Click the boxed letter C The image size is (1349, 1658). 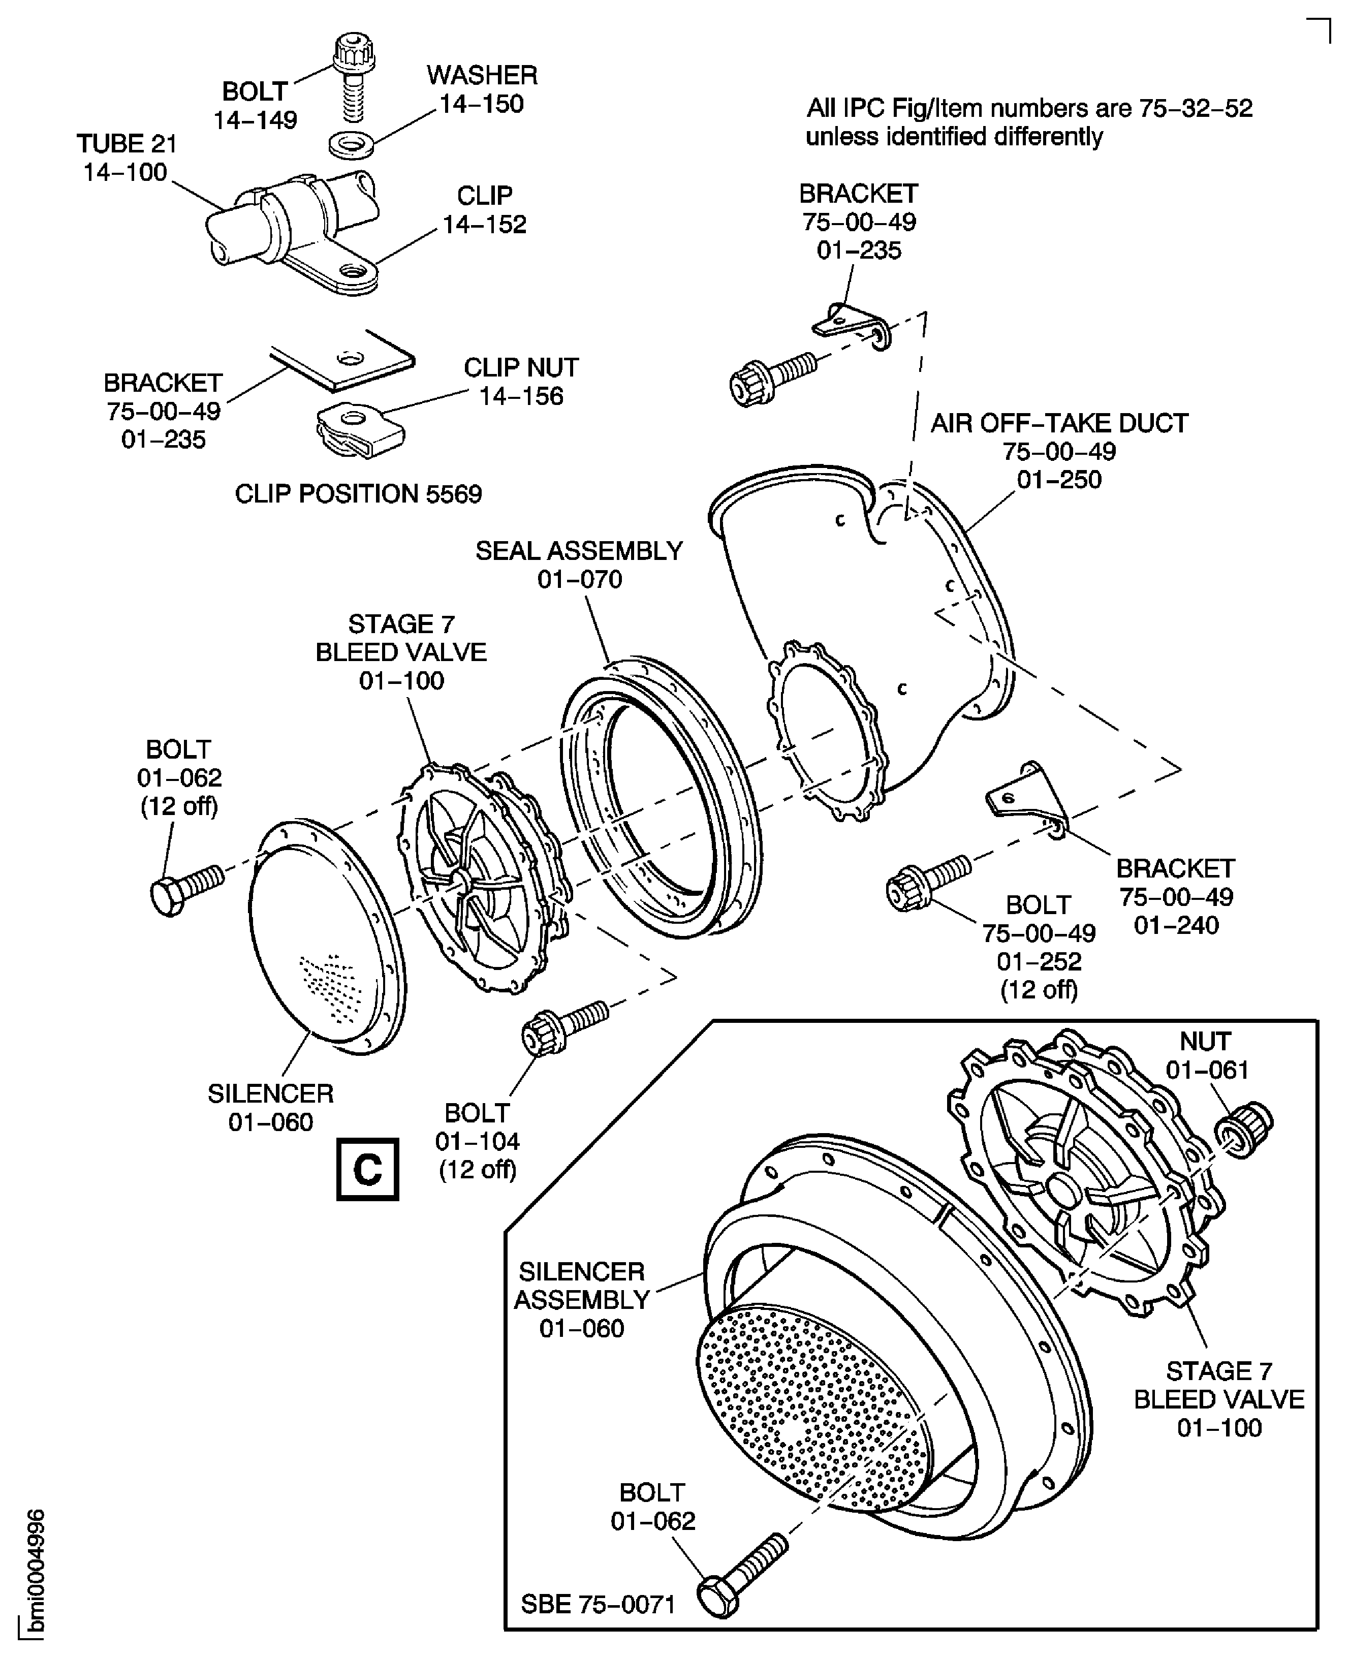(x=367, y=1169)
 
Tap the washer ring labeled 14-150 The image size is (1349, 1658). (x=351, y=144)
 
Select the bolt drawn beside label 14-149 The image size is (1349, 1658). (x=354, y=78)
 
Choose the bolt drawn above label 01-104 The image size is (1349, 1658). (x=562, y=1027)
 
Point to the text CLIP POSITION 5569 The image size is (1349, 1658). (x=358, y=493)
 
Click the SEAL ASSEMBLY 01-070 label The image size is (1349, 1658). (x=579, y=565)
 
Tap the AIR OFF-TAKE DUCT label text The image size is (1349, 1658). (x=1059, y=423)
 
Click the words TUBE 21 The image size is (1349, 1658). (x=127, y=144)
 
